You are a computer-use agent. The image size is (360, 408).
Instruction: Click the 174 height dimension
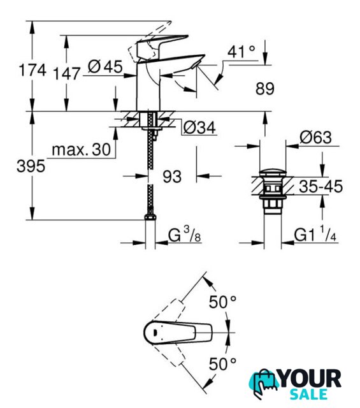(32, 70)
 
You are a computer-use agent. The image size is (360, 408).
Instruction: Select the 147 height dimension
(66, 74)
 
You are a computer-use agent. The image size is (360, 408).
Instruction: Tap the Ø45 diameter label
(105, 66)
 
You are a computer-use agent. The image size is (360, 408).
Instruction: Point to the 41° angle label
(241, 52)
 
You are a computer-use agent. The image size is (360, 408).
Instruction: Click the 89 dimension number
(265, 89)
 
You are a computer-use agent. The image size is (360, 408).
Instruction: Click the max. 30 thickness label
(82, 150)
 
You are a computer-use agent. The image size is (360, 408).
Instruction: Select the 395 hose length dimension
(31, 166)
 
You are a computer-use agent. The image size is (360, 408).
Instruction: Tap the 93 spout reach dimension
(172, 177)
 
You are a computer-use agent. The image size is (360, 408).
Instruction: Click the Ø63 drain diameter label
(316, 137)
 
